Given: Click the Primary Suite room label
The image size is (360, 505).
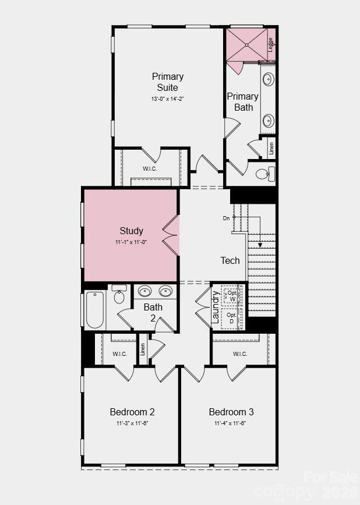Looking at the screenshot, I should coord(168,82).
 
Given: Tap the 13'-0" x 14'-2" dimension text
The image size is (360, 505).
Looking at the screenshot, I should coord(168,98).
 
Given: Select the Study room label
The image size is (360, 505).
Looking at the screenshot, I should coord(132,231).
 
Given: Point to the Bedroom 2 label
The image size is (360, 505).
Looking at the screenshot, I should coord(132,412).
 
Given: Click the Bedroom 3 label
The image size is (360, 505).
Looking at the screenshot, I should coord(231,412).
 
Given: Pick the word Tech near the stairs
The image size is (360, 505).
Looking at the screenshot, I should coord(230,260).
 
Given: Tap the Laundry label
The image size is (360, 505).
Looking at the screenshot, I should coord(216,308).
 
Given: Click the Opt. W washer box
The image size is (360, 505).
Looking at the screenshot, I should coord(232,295).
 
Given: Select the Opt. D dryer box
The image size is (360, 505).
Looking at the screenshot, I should coord(232,318).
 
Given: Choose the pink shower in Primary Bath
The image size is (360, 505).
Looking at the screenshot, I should coord(247,44).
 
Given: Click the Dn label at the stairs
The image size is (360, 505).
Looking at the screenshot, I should coord(227,218).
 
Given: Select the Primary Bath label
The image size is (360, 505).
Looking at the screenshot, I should coord(243,101).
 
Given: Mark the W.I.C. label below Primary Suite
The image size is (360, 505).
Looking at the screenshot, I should coord(150,169).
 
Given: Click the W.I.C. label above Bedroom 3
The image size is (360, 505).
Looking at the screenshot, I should coord(240,354).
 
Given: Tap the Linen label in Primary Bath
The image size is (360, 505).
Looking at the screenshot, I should coord(271,148).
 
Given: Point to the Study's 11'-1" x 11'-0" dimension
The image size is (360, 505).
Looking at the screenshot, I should coord(132,242).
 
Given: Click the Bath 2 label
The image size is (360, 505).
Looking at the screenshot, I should coord(153,312).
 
